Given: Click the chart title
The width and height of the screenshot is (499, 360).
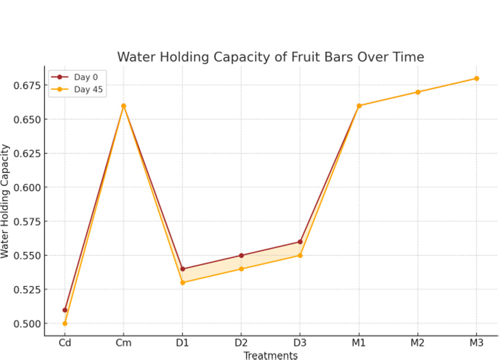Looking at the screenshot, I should tap(270, 57).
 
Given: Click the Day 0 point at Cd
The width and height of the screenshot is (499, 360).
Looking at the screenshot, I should tap(65, 310).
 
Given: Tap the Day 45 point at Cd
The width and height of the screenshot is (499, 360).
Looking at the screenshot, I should tap(65, 323).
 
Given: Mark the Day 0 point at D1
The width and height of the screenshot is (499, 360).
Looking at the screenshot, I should tap(183, 269).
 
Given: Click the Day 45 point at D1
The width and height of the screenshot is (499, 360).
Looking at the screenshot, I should tap(183, 282).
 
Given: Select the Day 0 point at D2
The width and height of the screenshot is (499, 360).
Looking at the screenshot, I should tap(242, 255).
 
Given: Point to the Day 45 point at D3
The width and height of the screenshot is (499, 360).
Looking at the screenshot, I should tap(300, 255).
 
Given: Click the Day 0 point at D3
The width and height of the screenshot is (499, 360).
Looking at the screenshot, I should tap(300, 242).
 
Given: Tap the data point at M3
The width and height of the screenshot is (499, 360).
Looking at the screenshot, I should tap(476, 78).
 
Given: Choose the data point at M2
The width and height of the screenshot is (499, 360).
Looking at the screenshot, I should tap(417, 92).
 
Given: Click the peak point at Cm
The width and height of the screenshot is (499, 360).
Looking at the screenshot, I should tap(123, 106).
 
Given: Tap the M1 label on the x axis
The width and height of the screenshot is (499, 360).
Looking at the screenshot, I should tap(359, 343).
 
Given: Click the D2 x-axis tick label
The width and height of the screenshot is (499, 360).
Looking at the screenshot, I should tap(242, 343).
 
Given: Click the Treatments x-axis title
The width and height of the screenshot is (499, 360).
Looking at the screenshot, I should tap(270, 355).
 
